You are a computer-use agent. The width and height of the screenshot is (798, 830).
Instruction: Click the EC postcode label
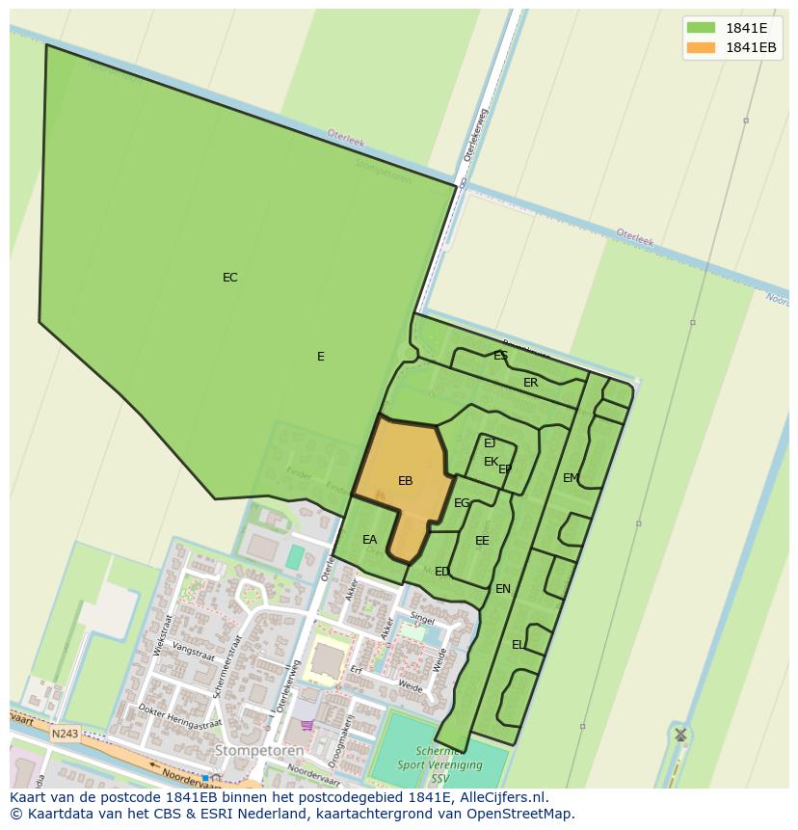(229, 278)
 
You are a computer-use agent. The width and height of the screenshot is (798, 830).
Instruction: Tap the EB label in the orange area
(405, 480)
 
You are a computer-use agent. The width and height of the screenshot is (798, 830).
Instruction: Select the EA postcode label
(369, 540)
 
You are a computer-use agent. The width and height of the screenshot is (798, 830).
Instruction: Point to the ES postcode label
(500, 356)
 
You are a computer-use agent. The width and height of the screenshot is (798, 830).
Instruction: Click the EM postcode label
(571, 478)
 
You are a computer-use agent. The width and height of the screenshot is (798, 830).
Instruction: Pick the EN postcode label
(502, 589)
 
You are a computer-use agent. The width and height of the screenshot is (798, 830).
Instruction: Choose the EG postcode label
(462, 503)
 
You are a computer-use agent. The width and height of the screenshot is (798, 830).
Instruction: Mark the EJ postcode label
(490, 443)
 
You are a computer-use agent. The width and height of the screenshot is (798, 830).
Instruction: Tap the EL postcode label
(519, 645)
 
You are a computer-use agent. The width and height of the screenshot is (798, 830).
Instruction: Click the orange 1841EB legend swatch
(701, 47)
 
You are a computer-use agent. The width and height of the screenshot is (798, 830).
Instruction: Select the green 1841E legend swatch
(701, 27)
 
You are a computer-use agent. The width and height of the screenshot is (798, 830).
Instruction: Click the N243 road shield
(65, 734)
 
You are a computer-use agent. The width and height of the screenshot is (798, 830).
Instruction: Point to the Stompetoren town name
(258, 750)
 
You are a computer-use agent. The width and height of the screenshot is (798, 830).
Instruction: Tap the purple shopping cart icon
(307, 725)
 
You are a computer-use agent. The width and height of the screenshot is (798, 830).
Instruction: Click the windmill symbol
(680, 735)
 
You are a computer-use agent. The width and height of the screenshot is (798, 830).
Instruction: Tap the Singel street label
(422, 619)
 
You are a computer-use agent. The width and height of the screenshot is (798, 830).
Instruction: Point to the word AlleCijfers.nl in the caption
(503, 797)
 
